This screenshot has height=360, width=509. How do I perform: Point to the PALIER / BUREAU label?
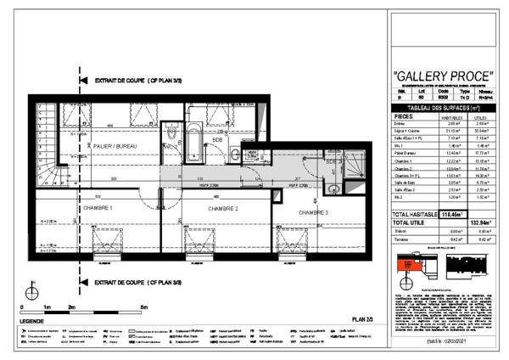pyautogui.click(x=121, y=147)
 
